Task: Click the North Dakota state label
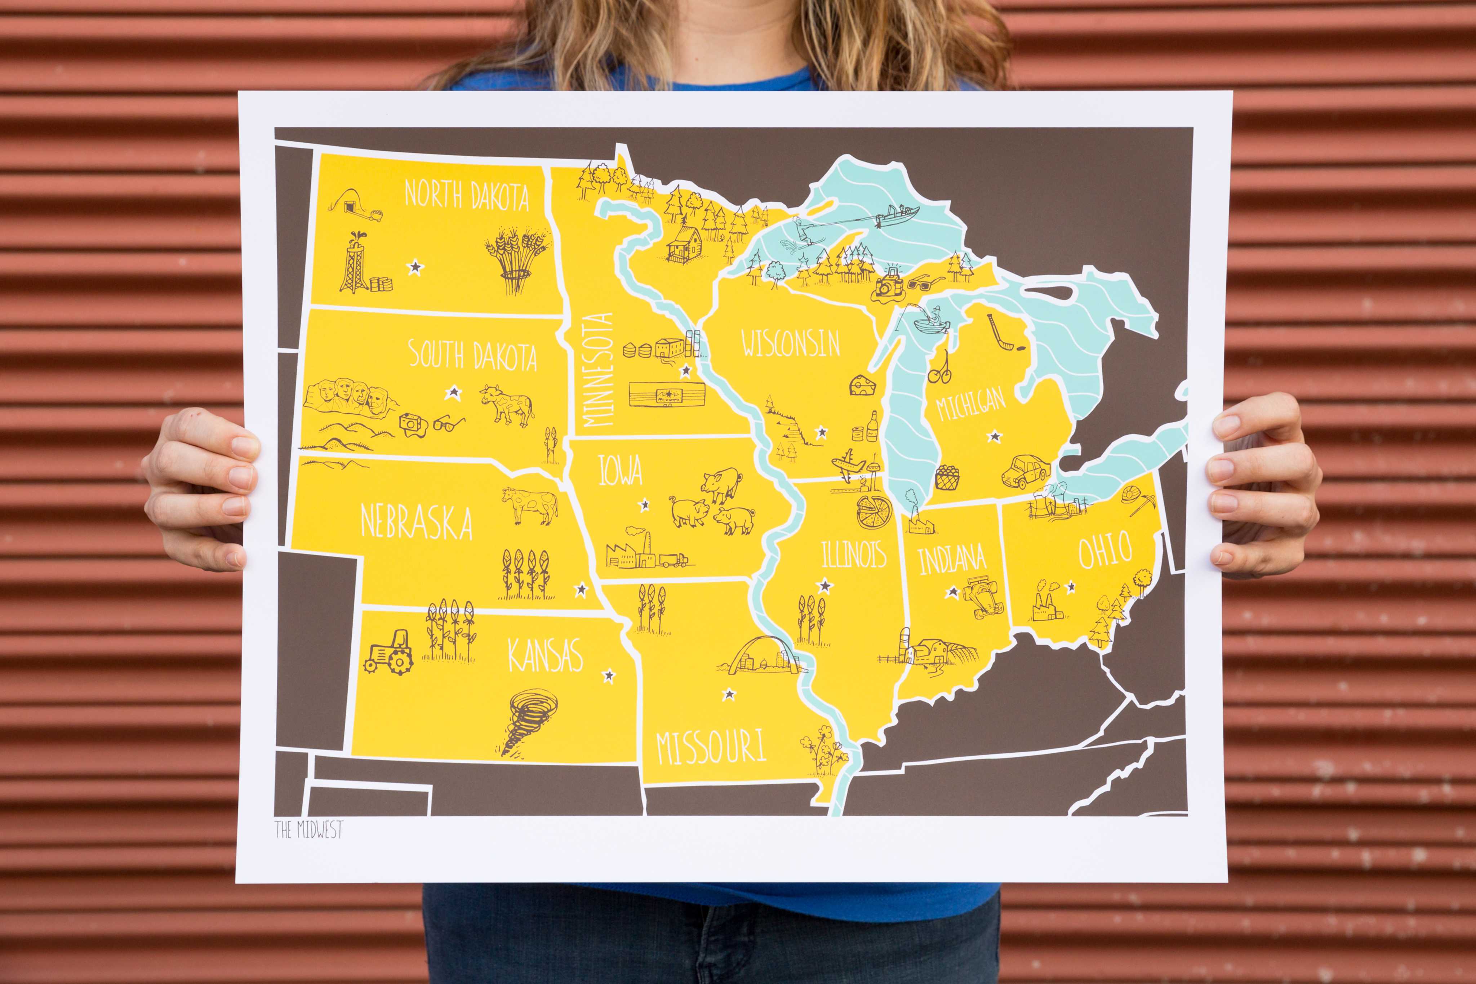tap(466, 195)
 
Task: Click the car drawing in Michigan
tap(1026, 471)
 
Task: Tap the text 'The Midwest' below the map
tap(309, 830)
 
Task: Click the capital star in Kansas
tap(608, 676)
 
